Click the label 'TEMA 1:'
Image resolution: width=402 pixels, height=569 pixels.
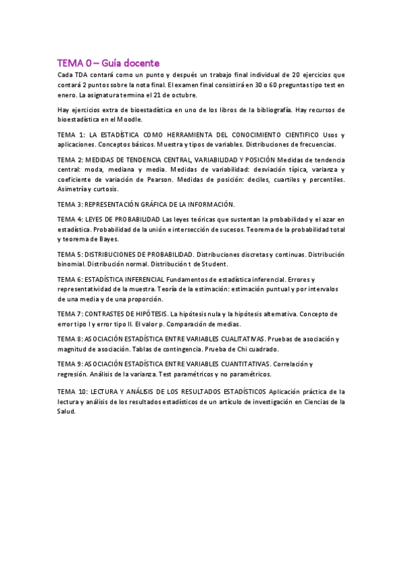[x=72, y=135]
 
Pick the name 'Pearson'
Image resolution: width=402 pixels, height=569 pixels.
[x=159, y=179]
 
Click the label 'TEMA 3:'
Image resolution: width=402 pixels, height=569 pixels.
[x=72, y=203]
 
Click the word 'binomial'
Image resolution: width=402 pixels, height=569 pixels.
[x=72, y=264]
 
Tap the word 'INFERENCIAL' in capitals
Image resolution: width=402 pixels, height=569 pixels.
[x=141, y=278]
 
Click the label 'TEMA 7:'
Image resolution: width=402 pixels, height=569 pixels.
[x=72, y=313]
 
